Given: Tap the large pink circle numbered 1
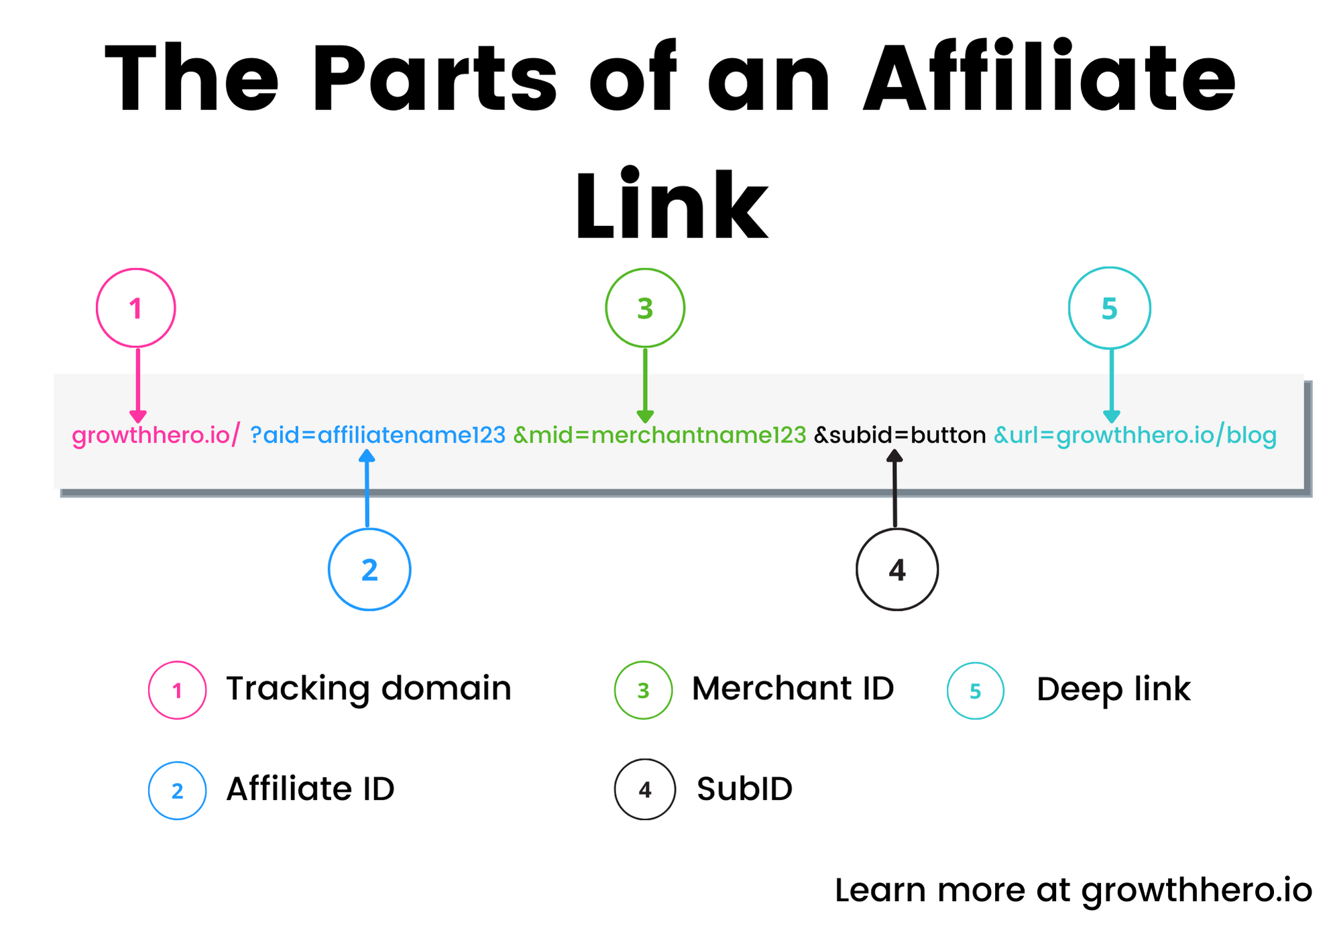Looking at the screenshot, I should click(x=136, y=308).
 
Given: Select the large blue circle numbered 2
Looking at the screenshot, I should click(x=369, y=569).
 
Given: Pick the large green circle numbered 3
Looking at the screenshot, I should click(x=645, y=308).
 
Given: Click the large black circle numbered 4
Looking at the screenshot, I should click(x=897, y=569).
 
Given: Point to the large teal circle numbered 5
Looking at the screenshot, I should click(x=1110, y=308).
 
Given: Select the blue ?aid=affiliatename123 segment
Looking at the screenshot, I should click(x=377, y=436).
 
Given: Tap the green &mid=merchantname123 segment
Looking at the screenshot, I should click(x=660, y=436).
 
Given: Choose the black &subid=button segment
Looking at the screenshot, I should click(x=900, y=436).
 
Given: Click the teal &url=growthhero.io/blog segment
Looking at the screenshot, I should click(x=1134, y=436).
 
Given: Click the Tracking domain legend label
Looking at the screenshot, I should click(x=369, y=689).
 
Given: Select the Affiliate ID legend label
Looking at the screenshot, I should click(x=310, y=789).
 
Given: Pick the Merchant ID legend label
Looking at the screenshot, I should click(x=793, y=689).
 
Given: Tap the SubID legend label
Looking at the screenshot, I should click(x=744, y=789).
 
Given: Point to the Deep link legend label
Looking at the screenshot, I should click(x=1113, y=689).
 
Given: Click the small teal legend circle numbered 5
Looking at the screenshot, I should click(x=976, y=691).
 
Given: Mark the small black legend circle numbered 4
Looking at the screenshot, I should click(x=645, y=790).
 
